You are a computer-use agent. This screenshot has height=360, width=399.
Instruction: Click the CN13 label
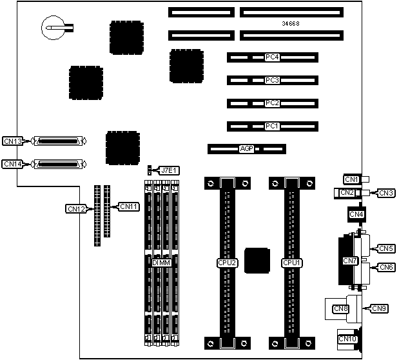[13, 141]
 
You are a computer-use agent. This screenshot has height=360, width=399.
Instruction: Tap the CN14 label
[13, 164]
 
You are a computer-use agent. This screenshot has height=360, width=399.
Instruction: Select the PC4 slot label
[272, 57]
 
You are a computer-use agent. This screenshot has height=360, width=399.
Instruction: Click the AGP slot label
[246, 149]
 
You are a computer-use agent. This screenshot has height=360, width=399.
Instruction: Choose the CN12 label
[77, 208]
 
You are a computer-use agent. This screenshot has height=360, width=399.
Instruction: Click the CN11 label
[129, 206]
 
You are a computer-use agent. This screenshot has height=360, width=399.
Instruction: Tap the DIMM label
[161, 263]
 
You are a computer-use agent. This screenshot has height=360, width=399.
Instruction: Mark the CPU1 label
[292, 263]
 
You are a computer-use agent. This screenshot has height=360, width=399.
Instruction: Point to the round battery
[52, 27]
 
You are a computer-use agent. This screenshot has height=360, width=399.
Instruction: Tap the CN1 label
[351, 179]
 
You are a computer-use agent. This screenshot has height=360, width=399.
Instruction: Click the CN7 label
[350, 261]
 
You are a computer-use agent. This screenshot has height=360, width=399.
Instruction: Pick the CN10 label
[347, 339]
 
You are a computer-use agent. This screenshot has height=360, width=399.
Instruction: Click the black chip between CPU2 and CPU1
[258, 260]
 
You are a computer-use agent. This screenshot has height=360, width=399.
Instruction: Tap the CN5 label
[387, 248]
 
